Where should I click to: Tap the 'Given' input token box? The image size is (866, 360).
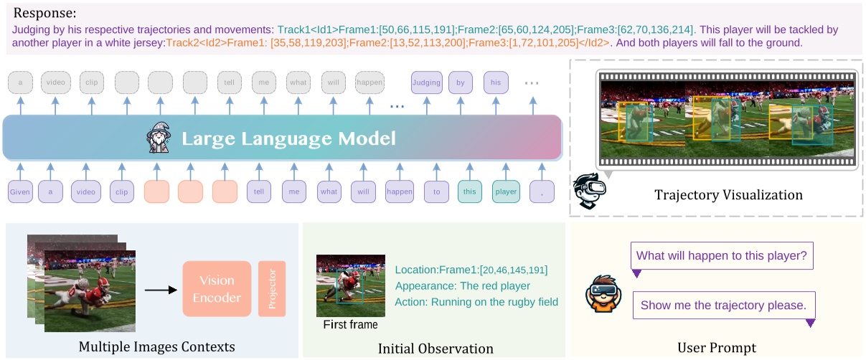click(x=21, y=192)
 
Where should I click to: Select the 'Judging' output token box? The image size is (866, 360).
click(x=426, y=82)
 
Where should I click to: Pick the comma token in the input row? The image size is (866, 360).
click(x=542, y=192)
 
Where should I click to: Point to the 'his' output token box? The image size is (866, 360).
click(x=496, y=82)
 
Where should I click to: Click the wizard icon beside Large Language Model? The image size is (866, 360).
click(x=159, y=138)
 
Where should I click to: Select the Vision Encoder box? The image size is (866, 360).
click(x=216, y=289)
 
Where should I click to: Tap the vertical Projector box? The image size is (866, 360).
click(x=272, y=289)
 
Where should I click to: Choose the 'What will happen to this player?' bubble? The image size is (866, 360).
click(x=721, y=255)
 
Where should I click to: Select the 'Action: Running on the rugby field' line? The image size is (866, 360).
click(x=476, y=302)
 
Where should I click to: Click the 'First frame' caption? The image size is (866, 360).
click(x=350, y=325)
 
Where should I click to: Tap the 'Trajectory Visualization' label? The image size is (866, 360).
click(x=728, y=195)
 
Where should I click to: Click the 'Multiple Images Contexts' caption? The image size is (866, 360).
click(x=156, y=348)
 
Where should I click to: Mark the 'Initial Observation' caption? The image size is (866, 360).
click(x=436, y=349)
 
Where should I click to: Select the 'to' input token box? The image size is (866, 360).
click(x=436, y=192)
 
